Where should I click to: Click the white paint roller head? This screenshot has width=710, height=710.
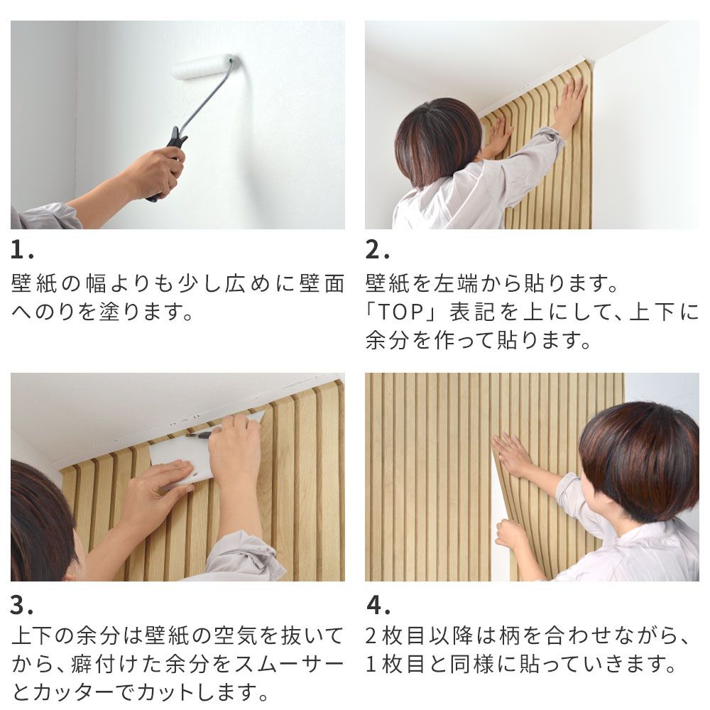click(x=202, y=67)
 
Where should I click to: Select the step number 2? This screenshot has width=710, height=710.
click(x=374, y=251)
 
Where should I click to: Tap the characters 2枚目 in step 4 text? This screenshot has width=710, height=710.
click(x=402, y=636)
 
